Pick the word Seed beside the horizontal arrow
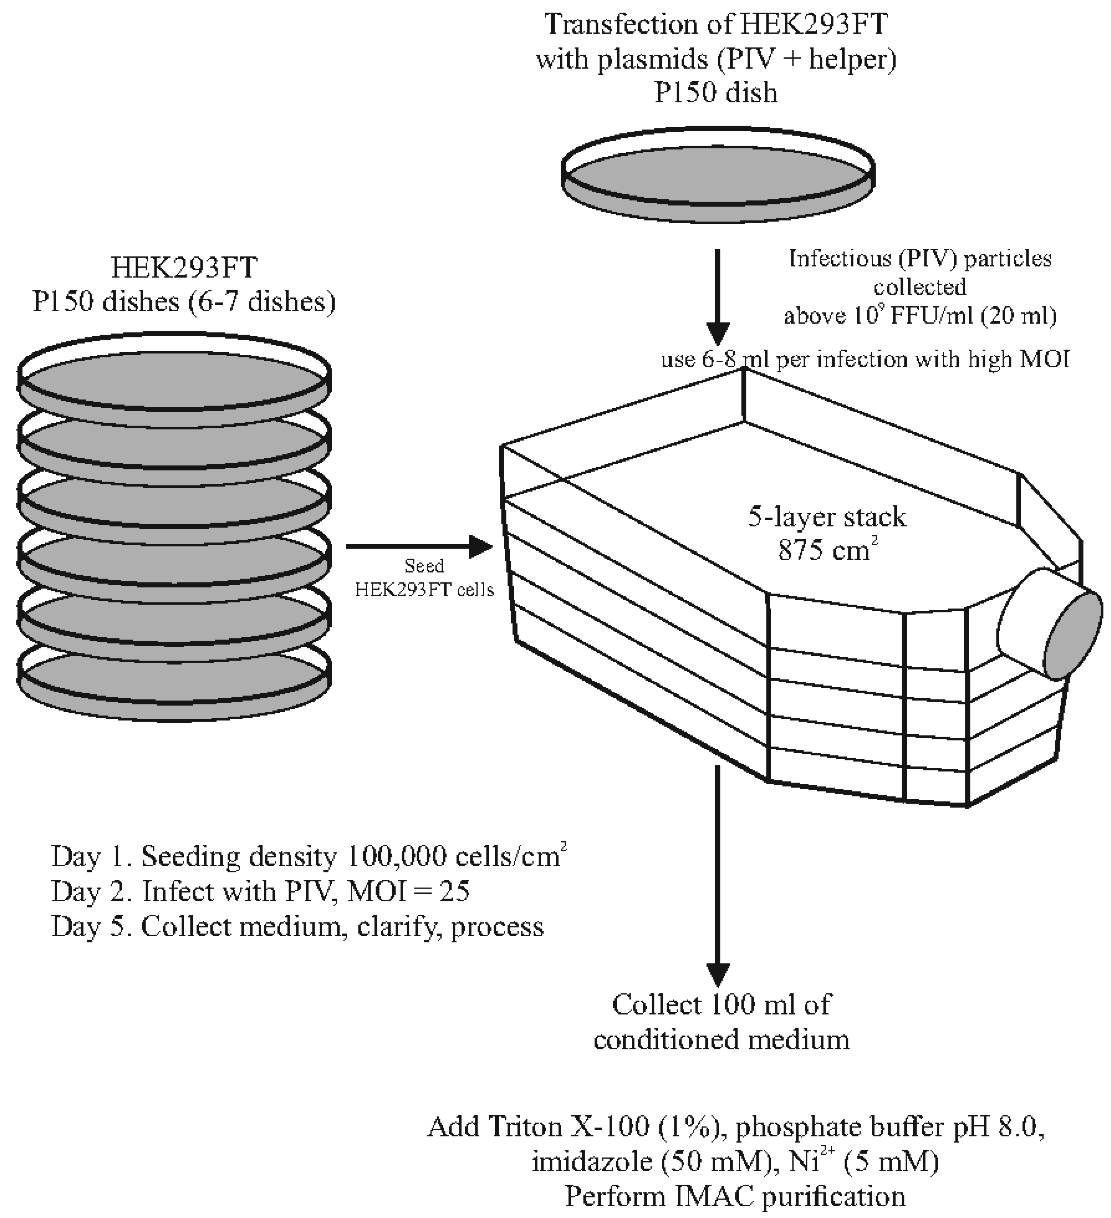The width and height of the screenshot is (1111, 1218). click(x=424, y=566)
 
